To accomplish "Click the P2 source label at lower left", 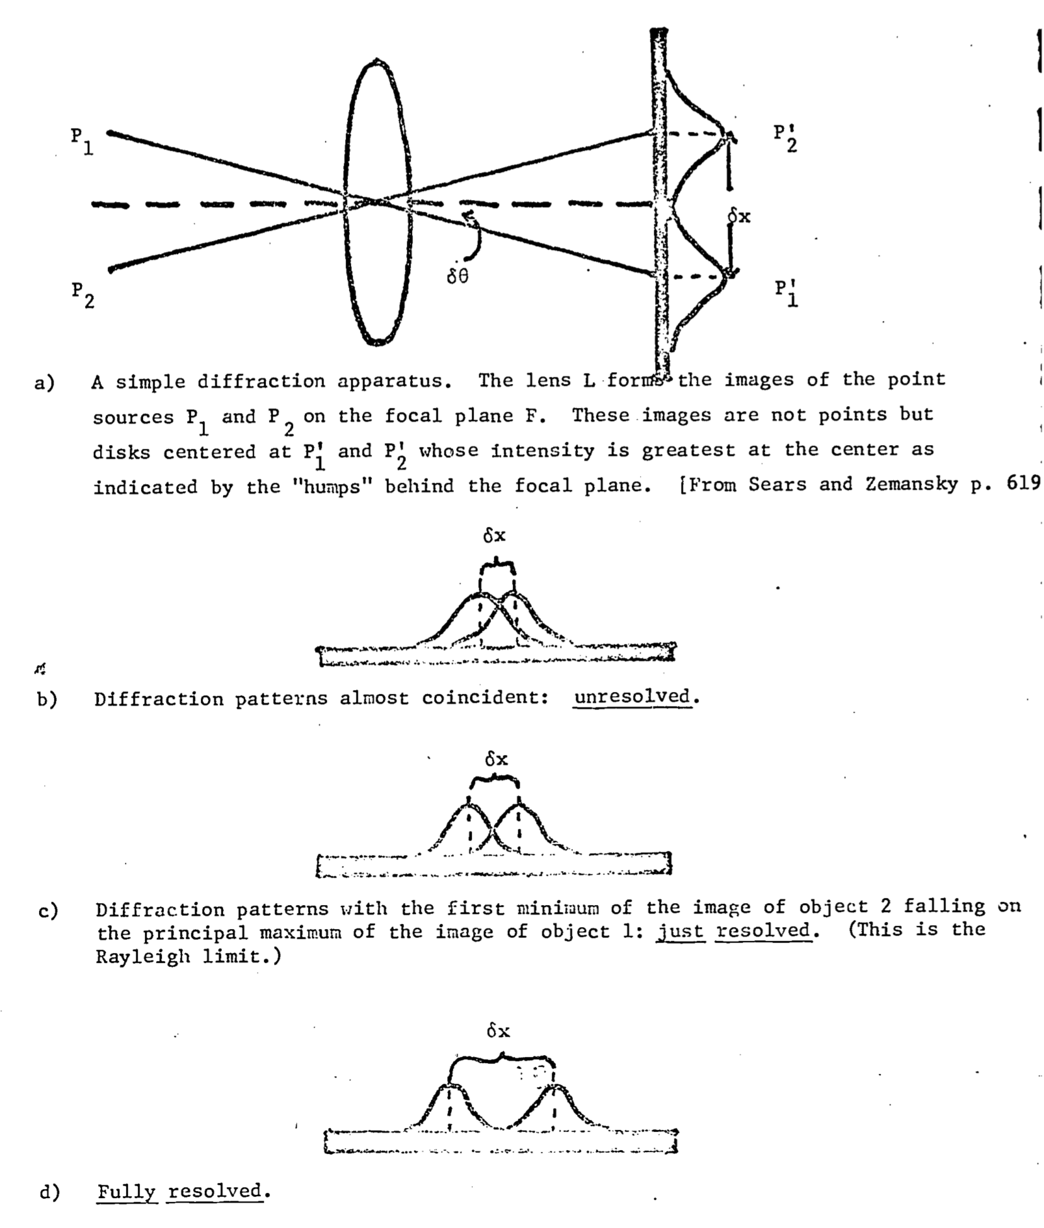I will coord(83,295).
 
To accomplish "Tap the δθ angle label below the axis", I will coord(458,277).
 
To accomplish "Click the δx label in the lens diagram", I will coord(739,216).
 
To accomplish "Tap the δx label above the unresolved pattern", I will coord(494,536).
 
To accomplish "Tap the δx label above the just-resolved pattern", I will coord(496,759).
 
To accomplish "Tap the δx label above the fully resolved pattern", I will coord(498,1030).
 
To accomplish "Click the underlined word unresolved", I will coord(632,697).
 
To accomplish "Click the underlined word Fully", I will coord(127,1192).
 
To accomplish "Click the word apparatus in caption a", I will coord(394,381).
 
